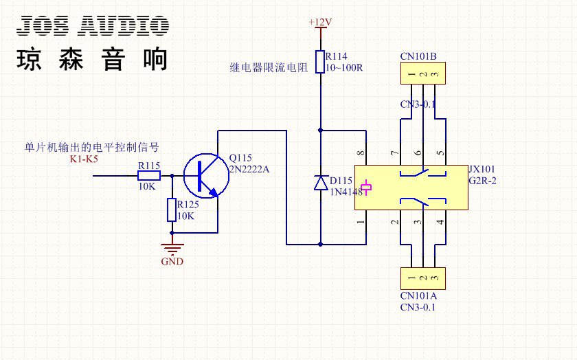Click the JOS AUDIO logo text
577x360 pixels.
click(x=93, y=26)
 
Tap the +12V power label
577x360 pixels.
click(x=320, y=22)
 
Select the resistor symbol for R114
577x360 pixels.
click(x=320, y=62)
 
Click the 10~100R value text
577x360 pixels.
click(x=344, y=68)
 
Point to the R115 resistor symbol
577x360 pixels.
click(x=149, y=176)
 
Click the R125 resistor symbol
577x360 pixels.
click(x=172, y=210)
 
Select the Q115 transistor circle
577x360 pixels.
click(x=206, y=176)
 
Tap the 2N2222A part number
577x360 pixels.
click(x=249, y=169)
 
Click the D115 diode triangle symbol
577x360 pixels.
click(x=321, y=183)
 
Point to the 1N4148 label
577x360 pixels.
click(x=346, y=192)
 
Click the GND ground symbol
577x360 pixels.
click(x=172, y=249)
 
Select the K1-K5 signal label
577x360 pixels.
click(x=84, y=159)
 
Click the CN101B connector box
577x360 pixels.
click(x=423, y=74)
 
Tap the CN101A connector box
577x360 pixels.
click(x=423, y=278)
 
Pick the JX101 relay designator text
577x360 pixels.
click(x=482, y=169)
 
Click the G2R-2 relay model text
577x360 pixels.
click(x=482, y=181)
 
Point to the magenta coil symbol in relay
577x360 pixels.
click(x=366, y=188)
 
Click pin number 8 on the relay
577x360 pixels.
click(x=361, y=153)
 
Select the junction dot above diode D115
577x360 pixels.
click(x=320, y=131)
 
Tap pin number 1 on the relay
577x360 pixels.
click(x=361, y=222)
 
